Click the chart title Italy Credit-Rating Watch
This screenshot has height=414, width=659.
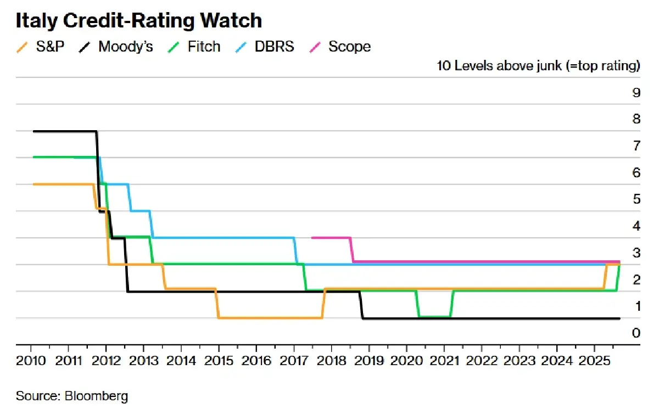(138, 20)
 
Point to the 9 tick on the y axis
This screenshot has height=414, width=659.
(636, 93)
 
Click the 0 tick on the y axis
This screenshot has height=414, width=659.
(636, 333)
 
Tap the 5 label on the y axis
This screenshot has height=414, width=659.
(636, 199)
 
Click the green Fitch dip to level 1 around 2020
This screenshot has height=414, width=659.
(434, 316)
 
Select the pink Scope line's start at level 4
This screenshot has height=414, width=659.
(313, 238)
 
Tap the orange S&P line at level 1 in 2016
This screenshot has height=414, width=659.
(269, 317)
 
